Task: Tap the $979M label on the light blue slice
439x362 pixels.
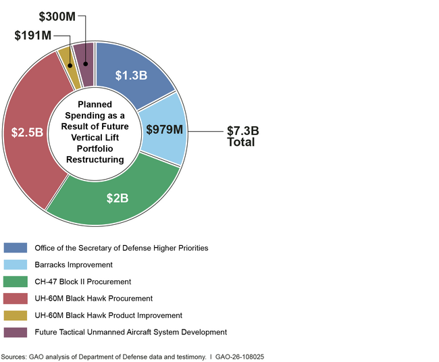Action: tap(164, 130)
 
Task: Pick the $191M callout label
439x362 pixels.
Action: tap(32, 35)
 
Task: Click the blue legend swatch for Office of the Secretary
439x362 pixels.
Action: tap(15, 248)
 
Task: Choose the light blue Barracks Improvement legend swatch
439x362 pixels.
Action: tap(15, 265)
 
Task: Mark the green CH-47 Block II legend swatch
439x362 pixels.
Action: tap(15, 282)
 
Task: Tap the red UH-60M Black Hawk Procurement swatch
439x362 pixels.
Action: tap(15, 299)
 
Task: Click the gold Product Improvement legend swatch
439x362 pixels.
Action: tap(15, 315)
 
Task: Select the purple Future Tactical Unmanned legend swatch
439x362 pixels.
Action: tap(15, 332)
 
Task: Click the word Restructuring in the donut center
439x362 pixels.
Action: tap(95, 159)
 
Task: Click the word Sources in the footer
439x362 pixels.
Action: tap(14, 355)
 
